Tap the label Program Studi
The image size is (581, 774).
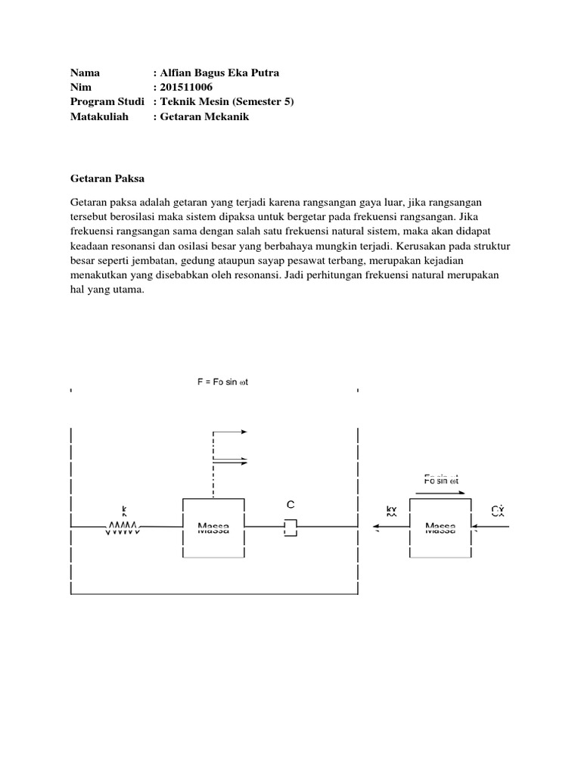point(107,102)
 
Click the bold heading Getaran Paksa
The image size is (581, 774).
point(107,178)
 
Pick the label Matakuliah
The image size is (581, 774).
point(100,116)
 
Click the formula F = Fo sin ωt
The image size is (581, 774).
point(224,382)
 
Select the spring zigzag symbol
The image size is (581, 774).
point(121,526)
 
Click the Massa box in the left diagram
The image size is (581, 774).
point(213,527)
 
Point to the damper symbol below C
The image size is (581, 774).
point(290,527)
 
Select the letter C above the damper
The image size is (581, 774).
point(290,504)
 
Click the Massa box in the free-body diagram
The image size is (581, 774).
point(440,527)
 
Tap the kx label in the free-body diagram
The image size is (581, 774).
point(390,512)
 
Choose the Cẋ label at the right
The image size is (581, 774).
point(497,512)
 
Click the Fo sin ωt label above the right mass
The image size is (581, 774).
point(440,479)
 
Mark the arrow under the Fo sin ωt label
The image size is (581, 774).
point(440,491)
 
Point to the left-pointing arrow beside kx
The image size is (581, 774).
point(391,528)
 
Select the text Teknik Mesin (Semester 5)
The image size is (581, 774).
point(226,102)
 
